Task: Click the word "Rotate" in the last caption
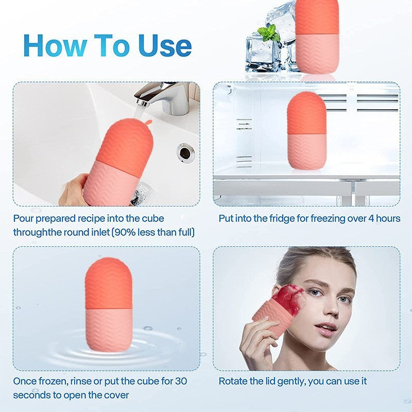point(234,382)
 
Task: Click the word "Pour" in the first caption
point(24,218)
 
